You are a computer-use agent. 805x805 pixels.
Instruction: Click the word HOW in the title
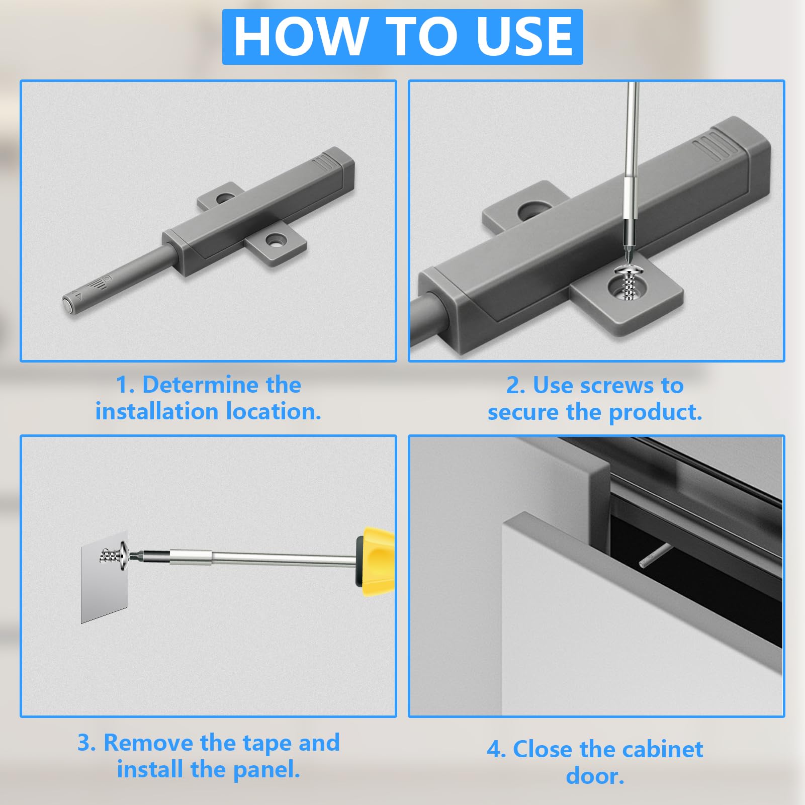click(300, 36)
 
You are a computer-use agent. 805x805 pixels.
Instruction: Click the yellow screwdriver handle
click(375, 558)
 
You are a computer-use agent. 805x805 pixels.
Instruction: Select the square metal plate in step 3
click(104, 577)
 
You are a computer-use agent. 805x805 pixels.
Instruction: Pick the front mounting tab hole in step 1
click(275, 240)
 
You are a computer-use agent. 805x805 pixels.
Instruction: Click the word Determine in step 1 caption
click(222, 385)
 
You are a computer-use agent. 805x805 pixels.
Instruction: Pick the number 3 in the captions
click(84, 743)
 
